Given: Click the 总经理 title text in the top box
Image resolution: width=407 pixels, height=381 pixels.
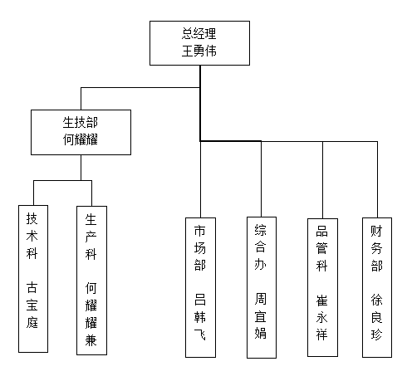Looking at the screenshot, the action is point(199,34).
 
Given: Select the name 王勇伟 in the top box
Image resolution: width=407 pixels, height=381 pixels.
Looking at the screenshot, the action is point(199,51).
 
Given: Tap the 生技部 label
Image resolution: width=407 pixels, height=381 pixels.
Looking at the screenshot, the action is point(81,123).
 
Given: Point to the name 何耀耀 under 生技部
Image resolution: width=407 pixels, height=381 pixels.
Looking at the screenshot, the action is point(81,139).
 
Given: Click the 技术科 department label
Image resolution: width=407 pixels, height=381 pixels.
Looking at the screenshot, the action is point(32,236).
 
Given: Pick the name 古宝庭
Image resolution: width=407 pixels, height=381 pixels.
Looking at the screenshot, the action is point(32,305).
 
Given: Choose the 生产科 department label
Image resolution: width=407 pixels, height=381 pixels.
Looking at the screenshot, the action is point(91,237).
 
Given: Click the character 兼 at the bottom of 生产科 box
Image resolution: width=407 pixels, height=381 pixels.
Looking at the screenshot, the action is point(91,340).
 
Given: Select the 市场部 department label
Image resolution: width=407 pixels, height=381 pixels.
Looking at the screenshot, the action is point(200,248).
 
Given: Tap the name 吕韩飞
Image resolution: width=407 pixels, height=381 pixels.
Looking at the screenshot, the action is point(200,317).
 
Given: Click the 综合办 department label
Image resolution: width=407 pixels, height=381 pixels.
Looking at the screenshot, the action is point(261,247).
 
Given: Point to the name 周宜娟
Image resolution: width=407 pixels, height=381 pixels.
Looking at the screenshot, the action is point(261,316).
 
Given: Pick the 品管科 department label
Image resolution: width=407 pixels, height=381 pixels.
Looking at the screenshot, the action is point(321,248).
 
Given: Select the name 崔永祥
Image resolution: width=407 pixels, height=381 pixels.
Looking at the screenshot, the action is point(321,317).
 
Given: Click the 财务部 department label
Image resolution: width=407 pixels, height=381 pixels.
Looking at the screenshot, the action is point(376,248).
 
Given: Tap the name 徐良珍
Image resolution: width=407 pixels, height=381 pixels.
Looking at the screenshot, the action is point(376,317).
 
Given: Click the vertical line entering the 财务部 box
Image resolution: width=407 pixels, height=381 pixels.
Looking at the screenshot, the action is point(377,179).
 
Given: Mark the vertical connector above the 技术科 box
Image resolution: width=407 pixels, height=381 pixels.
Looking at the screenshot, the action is point(33,193).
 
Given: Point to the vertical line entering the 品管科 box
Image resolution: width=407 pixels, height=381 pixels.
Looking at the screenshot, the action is point(322,180).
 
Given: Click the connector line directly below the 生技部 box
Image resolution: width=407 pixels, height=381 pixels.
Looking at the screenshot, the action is point(81,168).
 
